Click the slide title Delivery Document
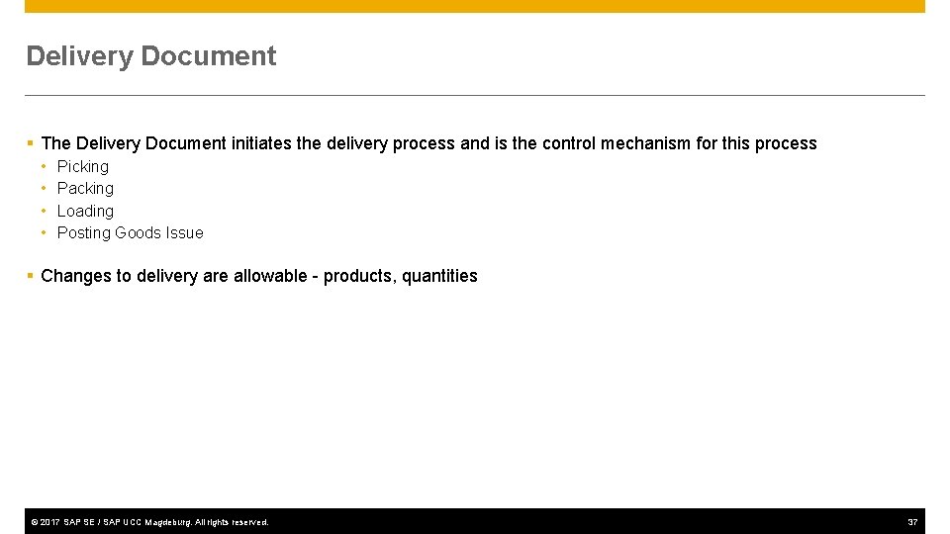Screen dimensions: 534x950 (x=151, y=56)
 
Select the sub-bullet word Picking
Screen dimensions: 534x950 (x=83, y=166)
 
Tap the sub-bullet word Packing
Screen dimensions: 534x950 (x=85, y=188)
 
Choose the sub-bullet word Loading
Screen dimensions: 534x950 (x=85, y=211)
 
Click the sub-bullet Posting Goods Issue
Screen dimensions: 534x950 (x=130, y=232)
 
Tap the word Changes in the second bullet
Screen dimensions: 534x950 (x=76, y=276)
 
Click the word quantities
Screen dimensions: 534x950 (x=439, y=276)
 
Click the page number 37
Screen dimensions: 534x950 (x=912, y=522)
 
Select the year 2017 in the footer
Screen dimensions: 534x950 (x=51, y=522)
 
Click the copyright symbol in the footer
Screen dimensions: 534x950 (x=34, y=522)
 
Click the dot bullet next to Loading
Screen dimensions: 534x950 (x=45, y=211)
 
